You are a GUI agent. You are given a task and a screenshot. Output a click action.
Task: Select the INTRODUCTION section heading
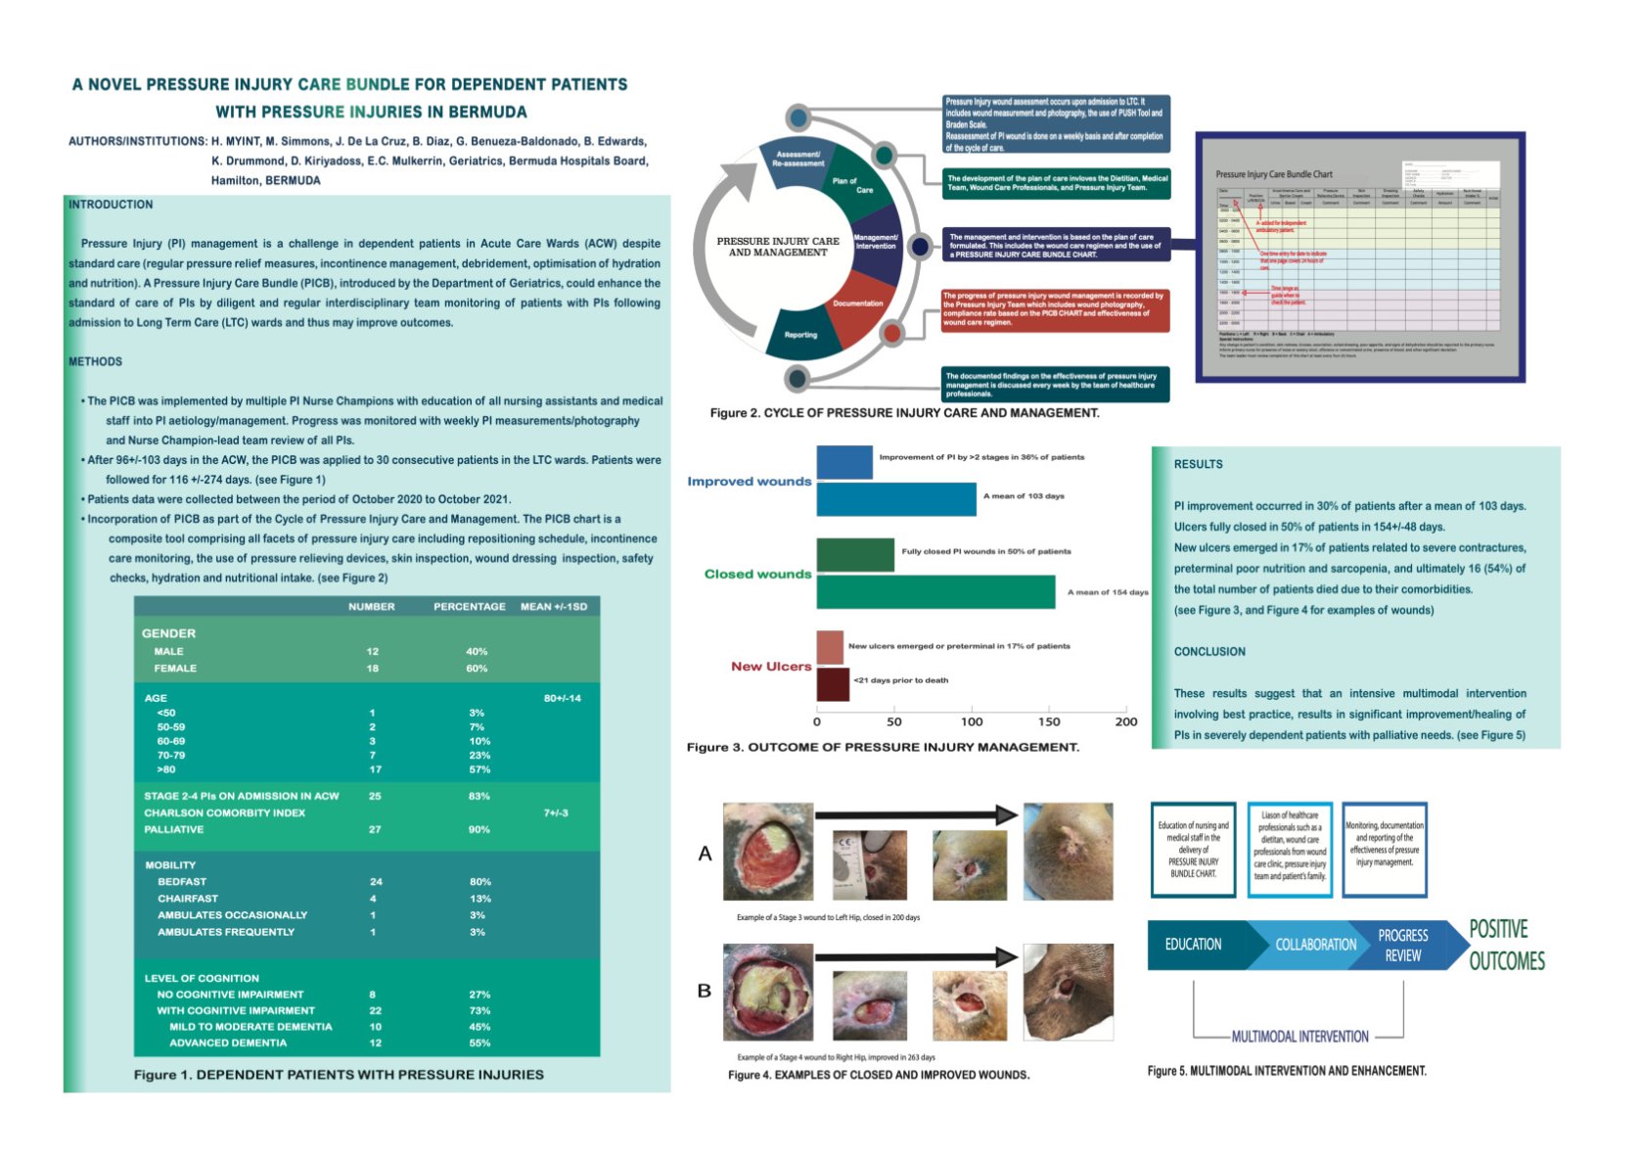111,205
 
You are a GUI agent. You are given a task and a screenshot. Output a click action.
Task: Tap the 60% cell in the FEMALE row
477,669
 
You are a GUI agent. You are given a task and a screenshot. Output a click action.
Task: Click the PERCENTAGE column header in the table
470,607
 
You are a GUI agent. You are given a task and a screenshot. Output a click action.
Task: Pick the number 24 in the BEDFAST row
376,882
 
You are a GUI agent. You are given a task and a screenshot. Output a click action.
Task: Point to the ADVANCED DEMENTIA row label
228,1044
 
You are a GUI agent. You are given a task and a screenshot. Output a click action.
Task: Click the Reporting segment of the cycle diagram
800,335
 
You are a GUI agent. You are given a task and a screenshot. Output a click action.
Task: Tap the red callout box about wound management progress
1055,308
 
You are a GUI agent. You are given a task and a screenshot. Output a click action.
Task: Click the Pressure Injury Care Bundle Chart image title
1273,174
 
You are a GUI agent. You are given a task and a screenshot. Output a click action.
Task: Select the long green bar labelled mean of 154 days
935,592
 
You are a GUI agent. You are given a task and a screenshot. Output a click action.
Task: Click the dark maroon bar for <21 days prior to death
833,684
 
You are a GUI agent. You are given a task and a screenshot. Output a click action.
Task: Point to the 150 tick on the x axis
1049,722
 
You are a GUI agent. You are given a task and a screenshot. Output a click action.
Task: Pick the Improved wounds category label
749,482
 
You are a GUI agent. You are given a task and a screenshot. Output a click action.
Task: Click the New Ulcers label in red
771,667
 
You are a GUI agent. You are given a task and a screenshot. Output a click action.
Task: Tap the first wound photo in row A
768,852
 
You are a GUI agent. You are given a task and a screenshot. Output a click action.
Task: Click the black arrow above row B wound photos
917,956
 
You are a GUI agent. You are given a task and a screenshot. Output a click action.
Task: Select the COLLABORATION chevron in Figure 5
1315,945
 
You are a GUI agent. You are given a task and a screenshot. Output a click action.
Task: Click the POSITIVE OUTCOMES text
1506,945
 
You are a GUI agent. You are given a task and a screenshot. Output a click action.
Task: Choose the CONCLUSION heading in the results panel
1209,652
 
